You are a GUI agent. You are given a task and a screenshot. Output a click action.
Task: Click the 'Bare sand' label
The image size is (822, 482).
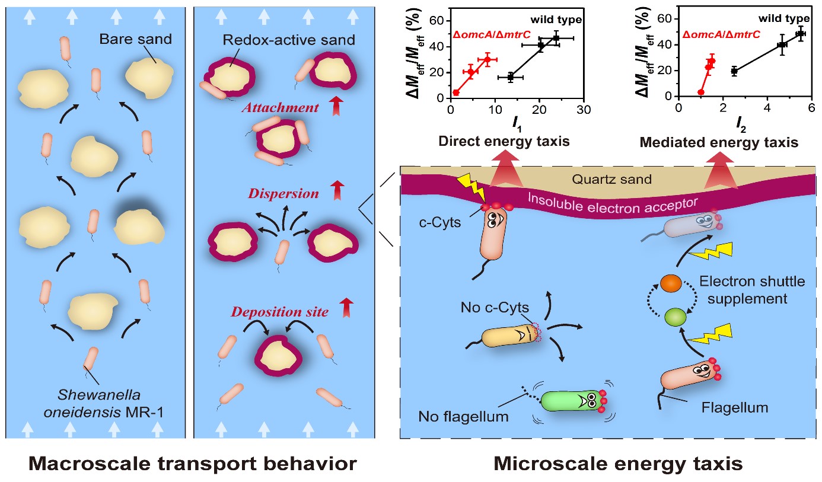135,40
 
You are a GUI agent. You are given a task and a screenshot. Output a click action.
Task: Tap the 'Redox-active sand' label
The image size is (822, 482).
288,40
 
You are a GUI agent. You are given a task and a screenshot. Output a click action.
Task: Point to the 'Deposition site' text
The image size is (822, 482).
280,312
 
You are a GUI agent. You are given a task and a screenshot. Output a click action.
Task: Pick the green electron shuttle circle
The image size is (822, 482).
674,317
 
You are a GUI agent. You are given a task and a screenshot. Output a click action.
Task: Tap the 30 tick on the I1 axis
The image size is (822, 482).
584,111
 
